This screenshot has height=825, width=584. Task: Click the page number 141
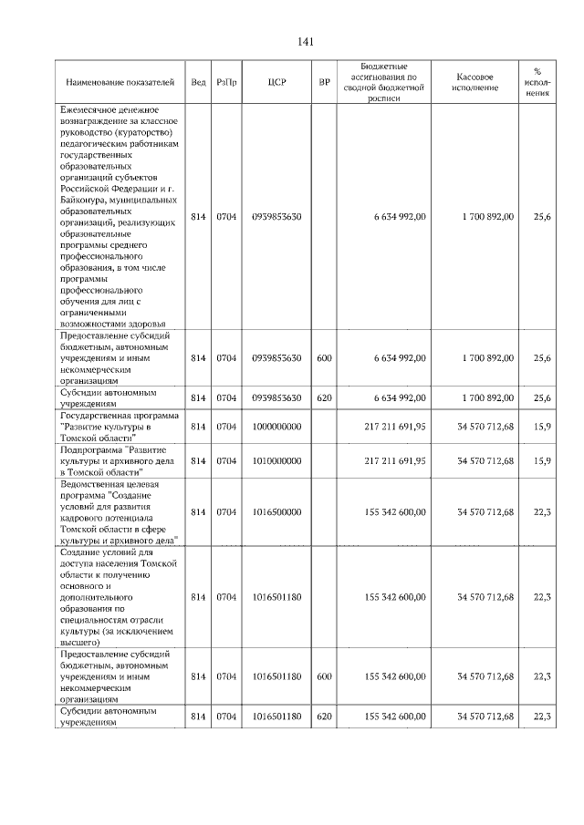coord(306,42)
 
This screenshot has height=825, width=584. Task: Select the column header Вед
coord(198,82)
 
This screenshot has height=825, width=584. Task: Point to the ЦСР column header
coord(278,82)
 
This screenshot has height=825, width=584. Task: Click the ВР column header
coord(324,82)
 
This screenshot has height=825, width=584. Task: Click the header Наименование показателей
coord(120,82)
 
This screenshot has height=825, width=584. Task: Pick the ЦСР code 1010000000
coord(278,461)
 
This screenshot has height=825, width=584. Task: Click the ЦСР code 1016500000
coord(278,512)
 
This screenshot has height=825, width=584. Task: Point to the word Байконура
coord(88,199)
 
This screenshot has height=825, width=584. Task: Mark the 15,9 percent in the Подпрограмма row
coord(541,461)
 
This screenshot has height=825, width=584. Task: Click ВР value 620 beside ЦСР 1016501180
coord(324,717)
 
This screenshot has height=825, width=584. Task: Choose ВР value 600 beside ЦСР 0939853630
coord(324,359)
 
